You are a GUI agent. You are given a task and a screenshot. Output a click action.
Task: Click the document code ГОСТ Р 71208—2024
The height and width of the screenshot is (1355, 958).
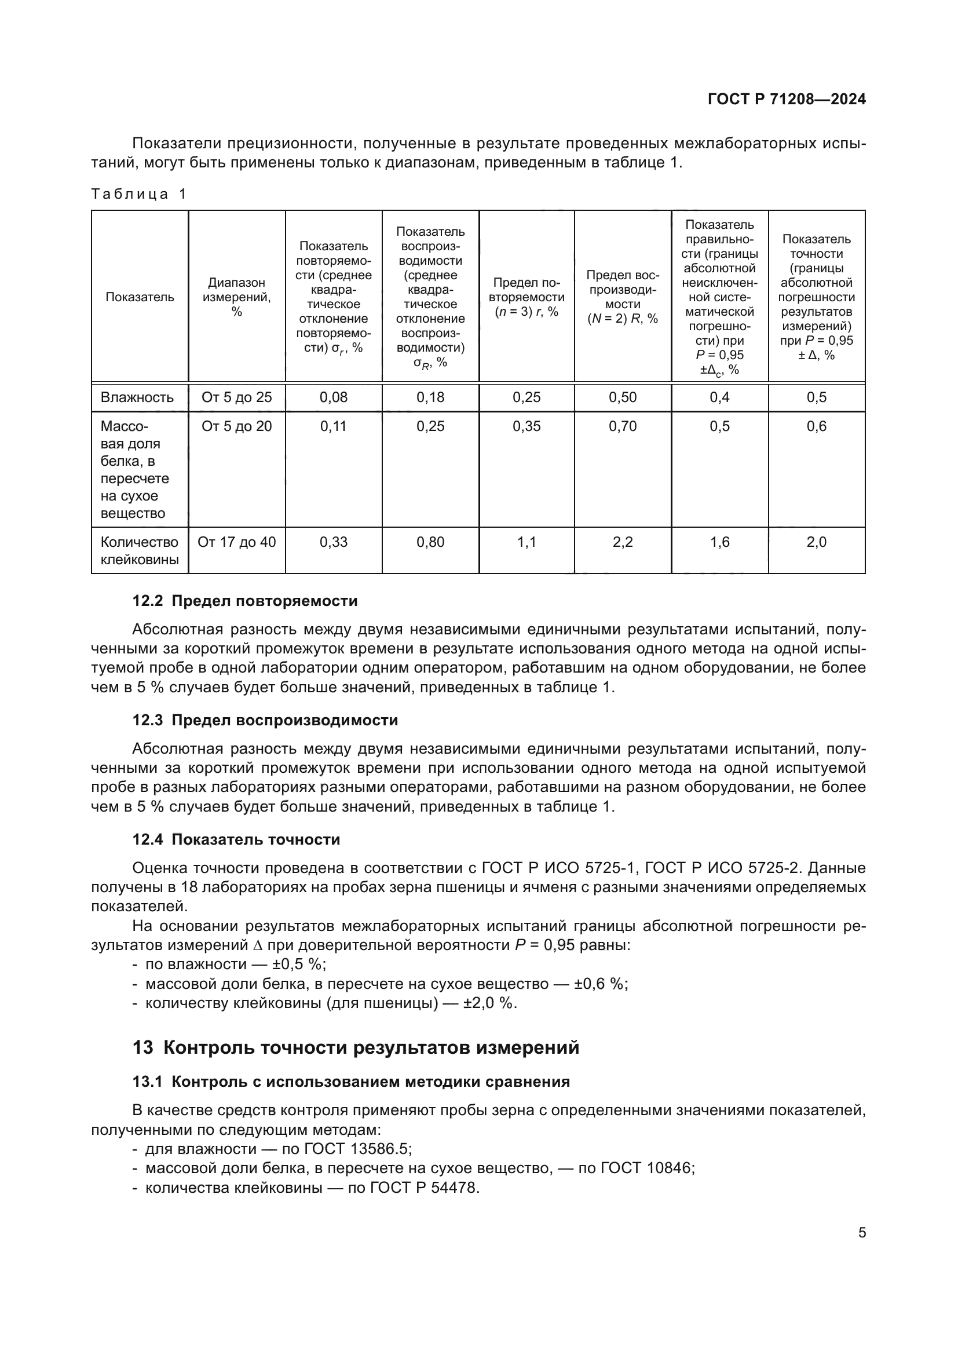tap(787, 100)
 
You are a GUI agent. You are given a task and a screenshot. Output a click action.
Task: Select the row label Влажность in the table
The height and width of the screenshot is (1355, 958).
tap(137, 397)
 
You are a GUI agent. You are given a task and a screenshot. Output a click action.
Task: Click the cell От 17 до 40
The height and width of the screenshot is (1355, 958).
tap(236, 542)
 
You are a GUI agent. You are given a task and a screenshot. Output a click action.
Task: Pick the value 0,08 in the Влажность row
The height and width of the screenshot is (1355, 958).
tap(333, 397)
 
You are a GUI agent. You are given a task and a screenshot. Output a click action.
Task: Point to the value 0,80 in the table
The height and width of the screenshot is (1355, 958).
tap(430, 542)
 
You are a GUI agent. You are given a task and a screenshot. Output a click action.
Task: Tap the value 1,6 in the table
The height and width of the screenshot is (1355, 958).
tap(719, 542)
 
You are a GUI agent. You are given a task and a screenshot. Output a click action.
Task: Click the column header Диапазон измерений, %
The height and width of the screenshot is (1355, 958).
tap(236, 297)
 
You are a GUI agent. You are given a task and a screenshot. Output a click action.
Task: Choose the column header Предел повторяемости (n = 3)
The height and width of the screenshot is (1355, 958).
tap(526, 297)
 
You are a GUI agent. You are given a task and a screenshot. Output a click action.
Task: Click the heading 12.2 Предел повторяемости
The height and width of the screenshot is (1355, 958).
tap(245, 601)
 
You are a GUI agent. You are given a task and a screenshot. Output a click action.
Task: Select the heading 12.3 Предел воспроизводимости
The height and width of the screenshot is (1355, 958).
tap(265, 720)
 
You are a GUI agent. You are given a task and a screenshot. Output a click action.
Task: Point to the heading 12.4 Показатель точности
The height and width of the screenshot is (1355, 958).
tap(236, 839)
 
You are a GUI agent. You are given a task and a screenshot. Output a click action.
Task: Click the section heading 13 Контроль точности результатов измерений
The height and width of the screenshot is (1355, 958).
tap(356, 1047)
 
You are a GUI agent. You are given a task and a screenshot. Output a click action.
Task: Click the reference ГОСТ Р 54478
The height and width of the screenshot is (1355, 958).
tap(423, 1188)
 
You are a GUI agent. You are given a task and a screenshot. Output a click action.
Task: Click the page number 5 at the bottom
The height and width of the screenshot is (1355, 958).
tap(862, 1233)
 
